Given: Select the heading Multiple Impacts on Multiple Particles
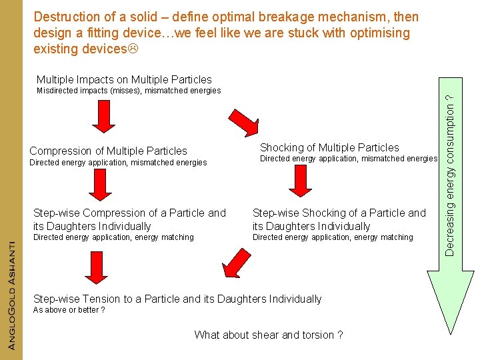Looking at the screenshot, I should (x=124, y=80).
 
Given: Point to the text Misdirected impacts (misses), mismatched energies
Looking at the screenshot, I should (x=128, y=91).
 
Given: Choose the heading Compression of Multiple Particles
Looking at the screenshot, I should (x=109, y=151).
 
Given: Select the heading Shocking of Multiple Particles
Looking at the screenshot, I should (x=329, y=147).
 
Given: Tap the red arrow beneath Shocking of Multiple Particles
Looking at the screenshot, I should (x=300, y=181).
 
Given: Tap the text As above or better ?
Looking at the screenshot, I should (x=69, y=310).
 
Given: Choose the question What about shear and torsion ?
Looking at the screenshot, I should (x=269, y=335).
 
